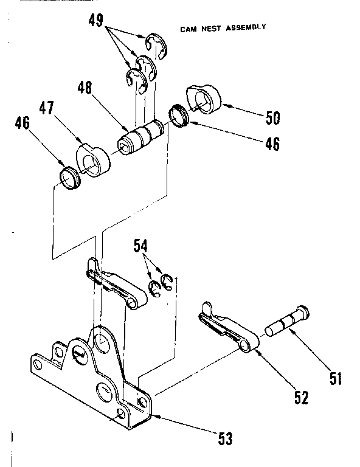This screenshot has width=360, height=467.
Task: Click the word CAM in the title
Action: click(x=188, y=29)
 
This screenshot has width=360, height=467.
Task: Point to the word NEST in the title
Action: click(x=210, y=29)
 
